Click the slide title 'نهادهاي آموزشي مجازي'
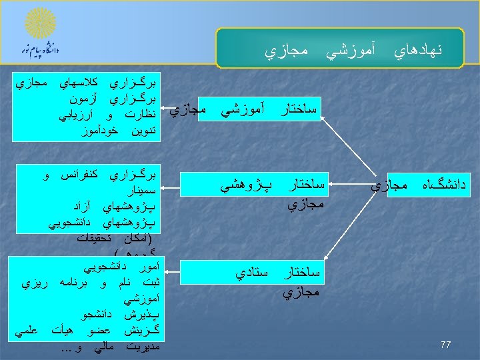[353, 50]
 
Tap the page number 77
[446, 345]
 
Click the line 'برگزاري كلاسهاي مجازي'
[87, 85]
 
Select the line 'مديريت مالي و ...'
[109, 346]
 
